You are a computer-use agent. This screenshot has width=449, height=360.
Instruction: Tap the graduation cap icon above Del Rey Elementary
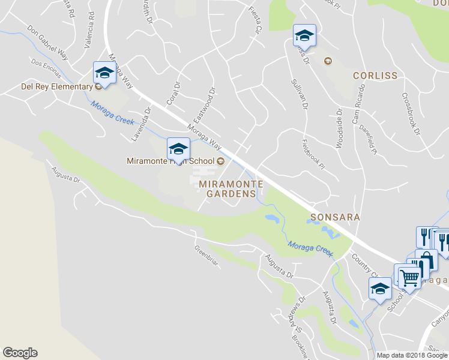point(104,73)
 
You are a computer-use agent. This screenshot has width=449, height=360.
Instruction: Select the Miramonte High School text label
point(170,161)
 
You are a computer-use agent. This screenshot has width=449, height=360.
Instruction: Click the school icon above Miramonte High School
point(178,148)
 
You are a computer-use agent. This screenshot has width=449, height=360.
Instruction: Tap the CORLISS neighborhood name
point(375,76)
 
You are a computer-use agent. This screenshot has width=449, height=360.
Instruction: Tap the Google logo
point(20,353)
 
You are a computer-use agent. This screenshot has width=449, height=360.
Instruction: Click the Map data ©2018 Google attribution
point(412,355)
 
